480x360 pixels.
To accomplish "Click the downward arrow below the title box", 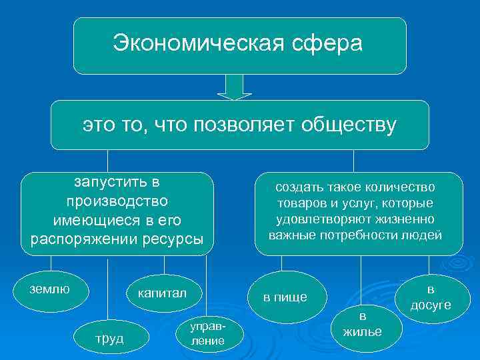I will coord(234,87).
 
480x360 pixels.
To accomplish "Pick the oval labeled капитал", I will coord(162,293).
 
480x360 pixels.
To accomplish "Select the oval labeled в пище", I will coord(285,297).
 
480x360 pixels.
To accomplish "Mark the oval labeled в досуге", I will coord(430,297).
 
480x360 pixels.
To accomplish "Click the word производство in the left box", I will coord(117,201).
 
